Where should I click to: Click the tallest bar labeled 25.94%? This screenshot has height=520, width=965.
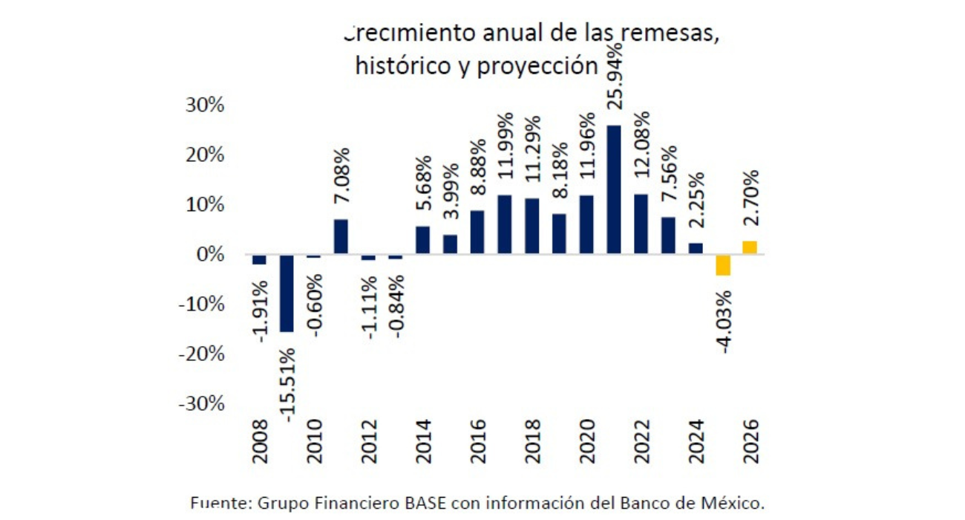tap(614, 189)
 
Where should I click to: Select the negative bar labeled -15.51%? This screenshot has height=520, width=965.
tap(286, 293)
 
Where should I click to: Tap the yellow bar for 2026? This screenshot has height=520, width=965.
tap(750, 247)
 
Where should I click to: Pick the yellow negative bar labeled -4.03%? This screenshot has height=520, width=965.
tap(723, 264)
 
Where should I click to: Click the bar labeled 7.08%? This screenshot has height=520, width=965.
tap(341, 236)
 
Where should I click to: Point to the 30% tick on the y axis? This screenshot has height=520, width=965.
tap(204, 105)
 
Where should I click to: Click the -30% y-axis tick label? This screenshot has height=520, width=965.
tap(200, 403)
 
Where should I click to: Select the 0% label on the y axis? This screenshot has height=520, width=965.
tap(209, 254)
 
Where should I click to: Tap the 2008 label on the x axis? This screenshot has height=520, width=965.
tap(259, 441)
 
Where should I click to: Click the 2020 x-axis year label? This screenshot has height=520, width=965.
tap(587, 441)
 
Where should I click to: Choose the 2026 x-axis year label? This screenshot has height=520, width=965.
tap(750, 441)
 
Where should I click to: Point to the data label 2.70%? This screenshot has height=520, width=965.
tap(750, 201)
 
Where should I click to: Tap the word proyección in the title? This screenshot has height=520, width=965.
tap(538, 66)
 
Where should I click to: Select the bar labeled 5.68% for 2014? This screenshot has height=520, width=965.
tap(422, 240)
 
